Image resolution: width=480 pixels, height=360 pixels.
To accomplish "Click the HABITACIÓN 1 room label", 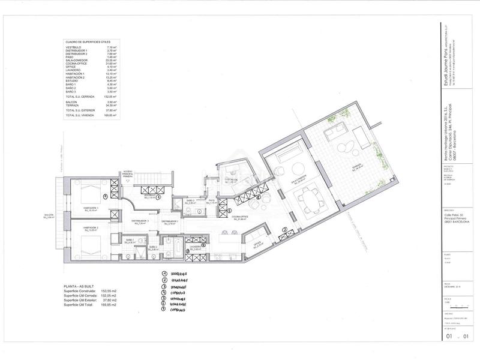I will (x=93, y=209).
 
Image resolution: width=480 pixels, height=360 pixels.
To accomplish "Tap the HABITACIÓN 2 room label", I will (x=91, y=229).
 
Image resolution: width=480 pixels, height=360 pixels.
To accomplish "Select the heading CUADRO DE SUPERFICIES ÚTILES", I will (x=87, y=42).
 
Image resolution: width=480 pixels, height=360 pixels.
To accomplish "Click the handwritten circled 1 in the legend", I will (x=164, y=273).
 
